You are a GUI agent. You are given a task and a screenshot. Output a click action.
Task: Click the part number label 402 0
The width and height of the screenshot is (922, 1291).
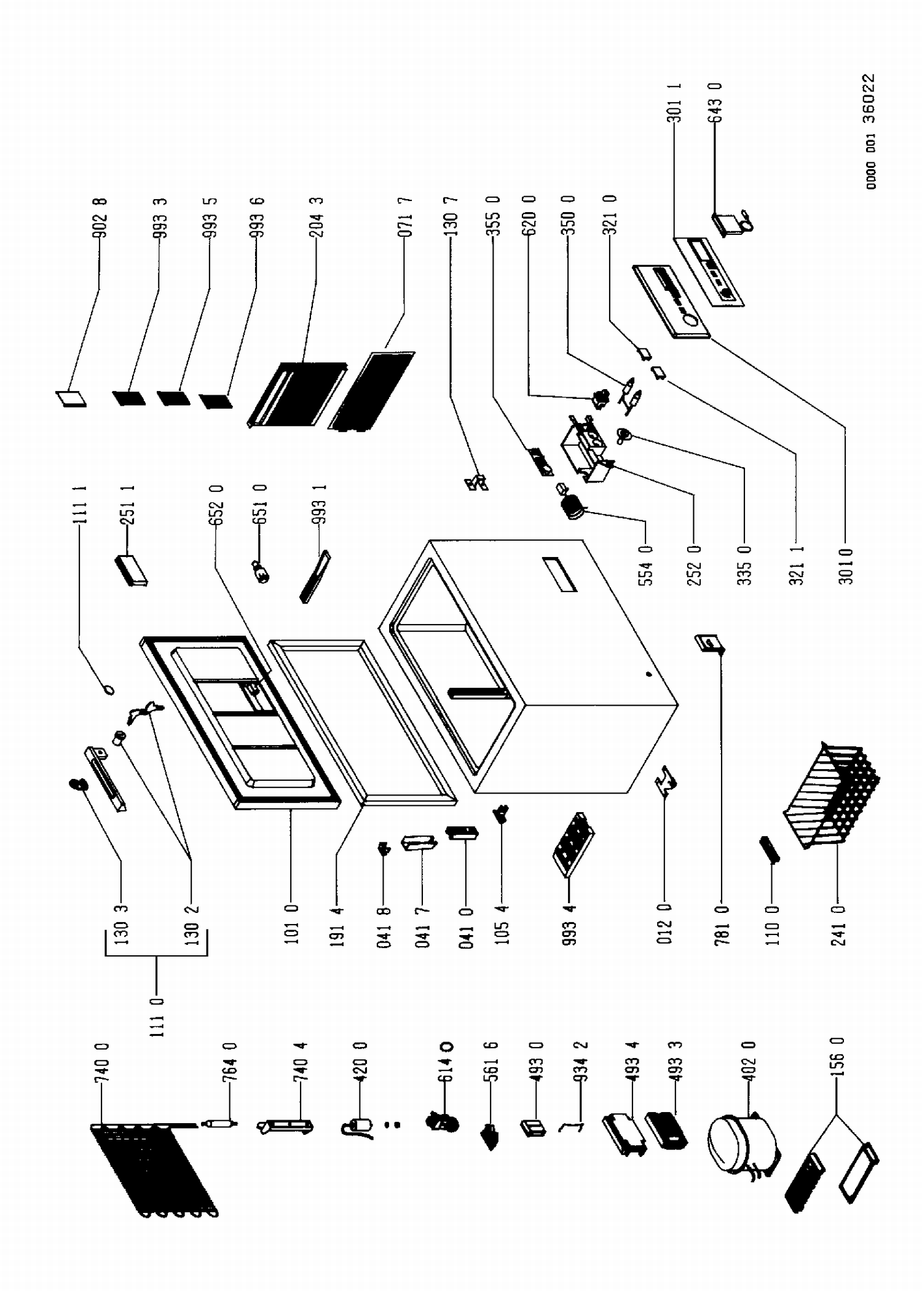tap(747, 1062)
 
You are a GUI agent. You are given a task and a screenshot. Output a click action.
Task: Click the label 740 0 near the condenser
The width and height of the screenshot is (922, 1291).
tap(102, 1062)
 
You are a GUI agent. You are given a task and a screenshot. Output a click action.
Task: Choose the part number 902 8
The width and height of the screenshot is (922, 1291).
tap(100, 217)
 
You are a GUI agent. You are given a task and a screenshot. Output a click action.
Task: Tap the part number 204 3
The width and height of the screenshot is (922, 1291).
tap(317, 217)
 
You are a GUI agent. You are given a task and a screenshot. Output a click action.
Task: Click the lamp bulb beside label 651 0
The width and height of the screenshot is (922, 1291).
tap(261, 572)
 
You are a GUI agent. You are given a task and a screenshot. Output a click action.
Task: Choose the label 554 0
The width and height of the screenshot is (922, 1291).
tap(645, 566)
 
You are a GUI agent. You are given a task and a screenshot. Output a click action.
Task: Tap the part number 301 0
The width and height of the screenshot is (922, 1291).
tap(846, 566)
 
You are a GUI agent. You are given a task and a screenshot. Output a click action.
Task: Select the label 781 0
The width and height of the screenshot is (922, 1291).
tap(722, 925)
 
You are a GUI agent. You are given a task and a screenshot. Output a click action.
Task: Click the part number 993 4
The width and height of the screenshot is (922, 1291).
tap(569, 925)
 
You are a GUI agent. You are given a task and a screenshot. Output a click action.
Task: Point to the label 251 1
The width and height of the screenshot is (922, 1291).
tap(128, 505)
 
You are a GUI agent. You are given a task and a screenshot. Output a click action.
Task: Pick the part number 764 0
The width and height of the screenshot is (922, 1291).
tap(230, 1062)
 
